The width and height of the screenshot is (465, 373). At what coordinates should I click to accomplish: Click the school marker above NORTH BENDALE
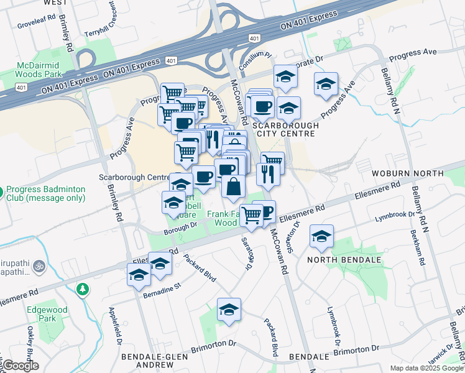click(321, 237)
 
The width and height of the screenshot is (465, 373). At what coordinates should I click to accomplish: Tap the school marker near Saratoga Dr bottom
click(229, 310)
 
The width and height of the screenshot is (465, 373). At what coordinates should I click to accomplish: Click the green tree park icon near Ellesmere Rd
click(82, 289)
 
